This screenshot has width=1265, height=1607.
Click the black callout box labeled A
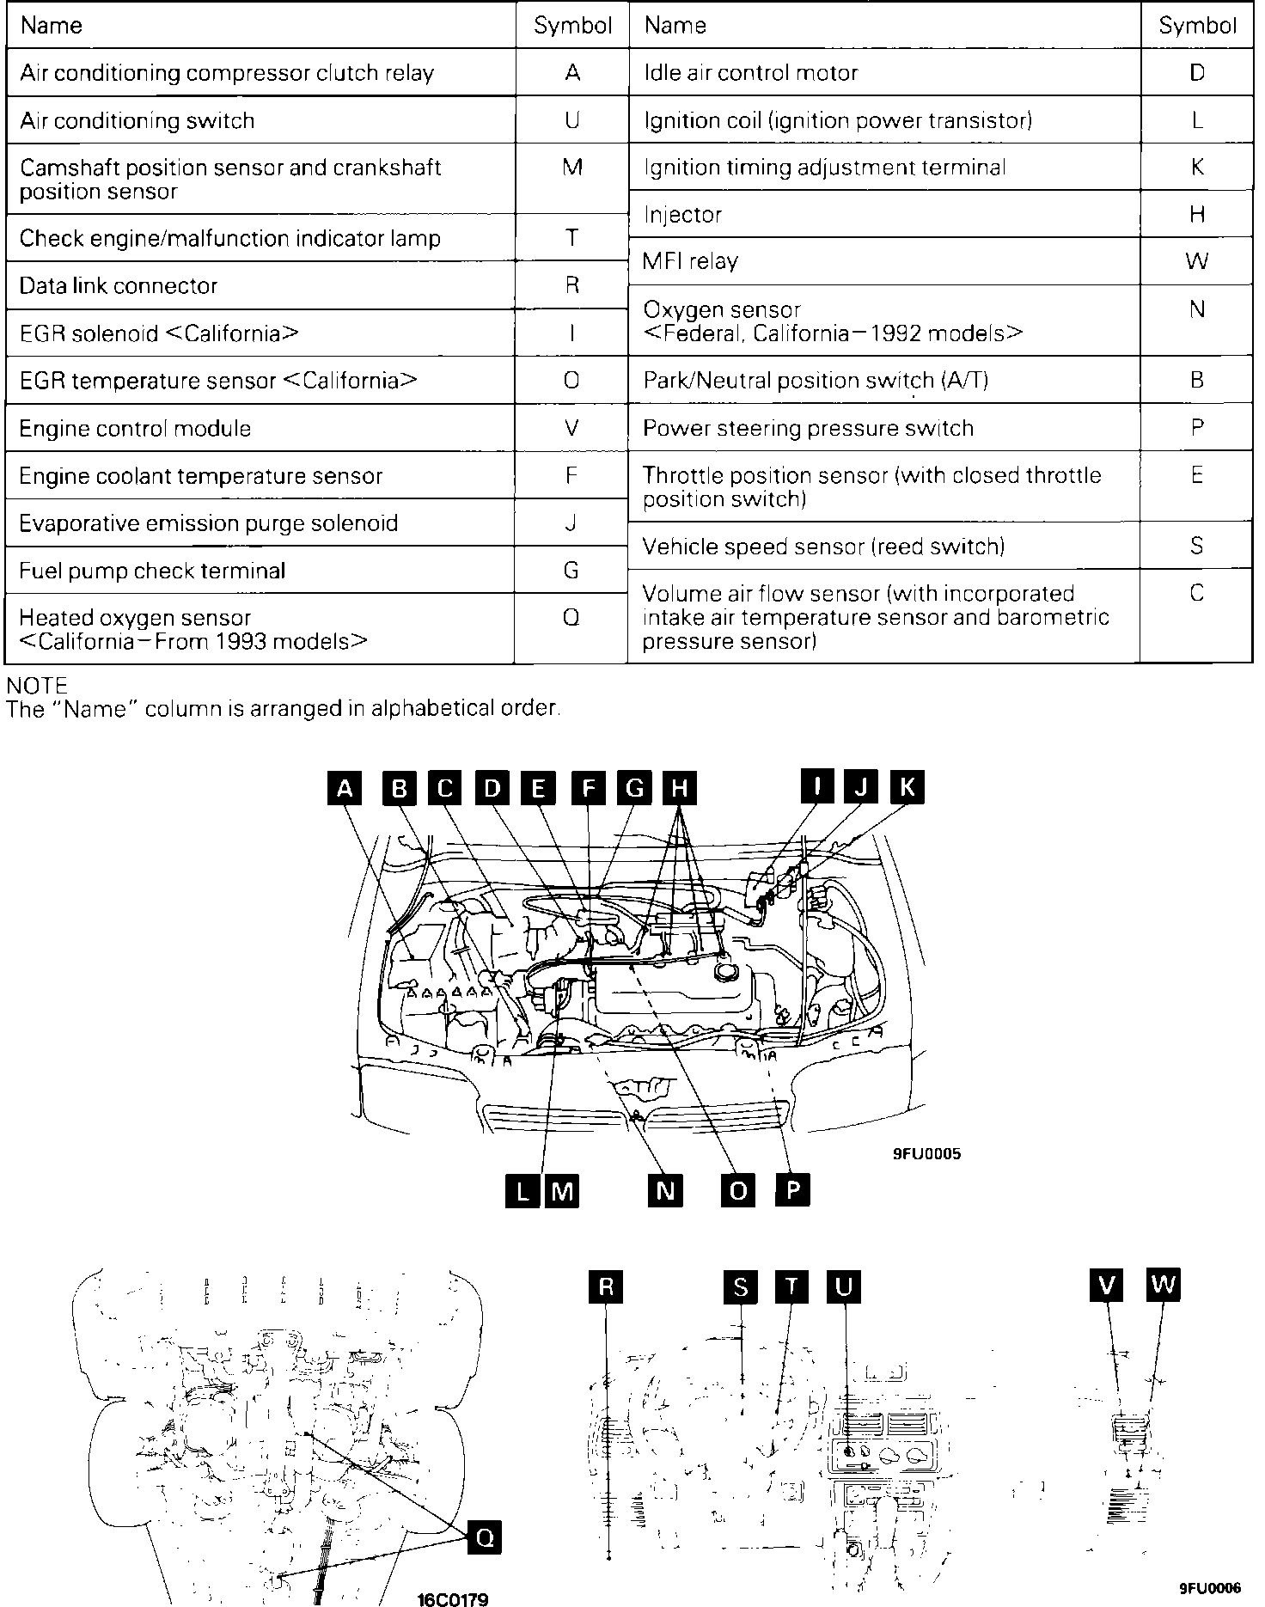(345, 788)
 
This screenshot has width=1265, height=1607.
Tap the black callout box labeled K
(907, 786)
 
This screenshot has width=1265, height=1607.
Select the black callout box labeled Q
(485, 1537)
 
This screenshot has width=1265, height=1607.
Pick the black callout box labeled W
(1163, 1285)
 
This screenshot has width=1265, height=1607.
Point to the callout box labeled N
(665, 1190)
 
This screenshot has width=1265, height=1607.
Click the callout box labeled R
(607, 1286)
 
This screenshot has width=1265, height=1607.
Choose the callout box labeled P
(792, 1190)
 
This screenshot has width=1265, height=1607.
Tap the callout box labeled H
(679, 788)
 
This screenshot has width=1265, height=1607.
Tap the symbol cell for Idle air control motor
(1196, 72)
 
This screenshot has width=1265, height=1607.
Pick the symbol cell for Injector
(1196, 214)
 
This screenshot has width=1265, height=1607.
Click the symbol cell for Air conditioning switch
(571, 119)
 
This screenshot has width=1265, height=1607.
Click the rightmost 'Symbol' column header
(1196, 25)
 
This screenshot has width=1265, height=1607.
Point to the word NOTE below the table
(36, 686)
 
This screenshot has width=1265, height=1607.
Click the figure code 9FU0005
(926, 1153)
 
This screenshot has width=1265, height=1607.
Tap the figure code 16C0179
(453, 1599)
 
